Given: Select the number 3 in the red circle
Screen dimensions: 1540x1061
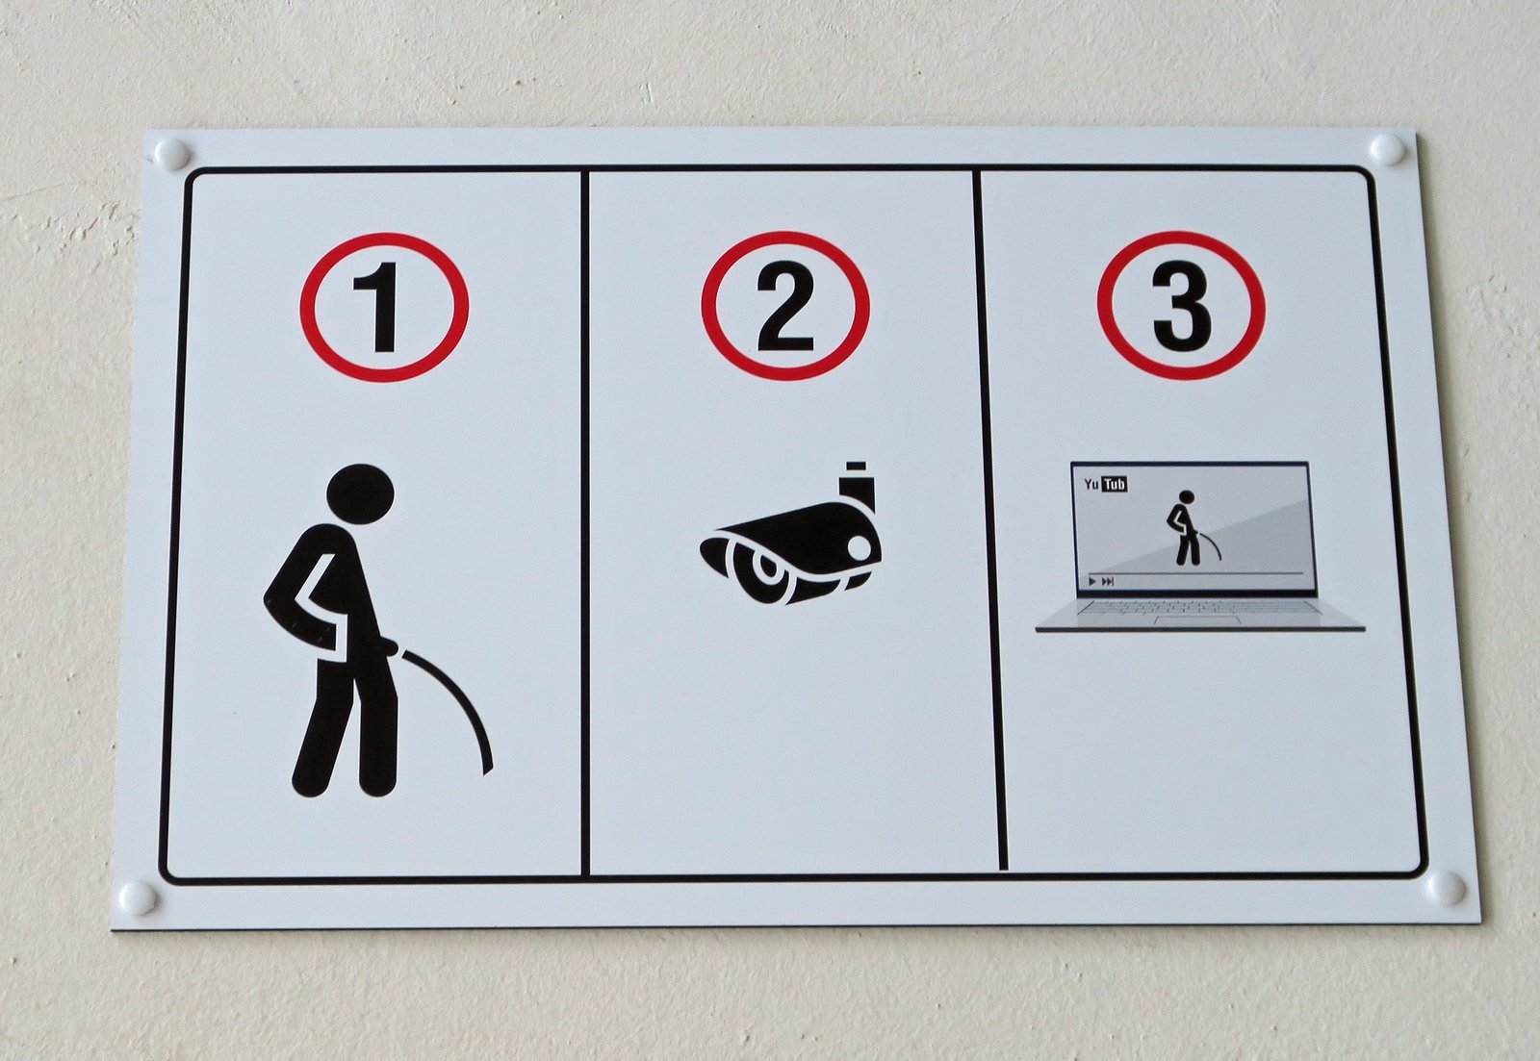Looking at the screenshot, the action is click(1182, 307).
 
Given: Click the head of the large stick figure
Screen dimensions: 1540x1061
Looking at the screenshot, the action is click(360, 493).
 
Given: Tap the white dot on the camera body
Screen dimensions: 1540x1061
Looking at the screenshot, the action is click(859, 546).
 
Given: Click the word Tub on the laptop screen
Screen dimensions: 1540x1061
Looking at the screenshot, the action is click(1115, 485).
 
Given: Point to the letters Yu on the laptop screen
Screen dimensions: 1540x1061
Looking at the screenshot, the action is click(1091, 485).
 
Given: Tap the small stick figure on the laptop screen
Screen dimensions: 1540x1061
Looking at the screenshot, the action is click(1185, 528).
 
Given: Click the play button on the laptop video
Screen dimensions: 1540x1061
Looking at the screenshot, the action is click(1092, 582).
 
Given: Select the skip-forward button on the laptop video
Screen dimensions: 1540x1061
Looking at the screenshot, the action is click(1108, 582).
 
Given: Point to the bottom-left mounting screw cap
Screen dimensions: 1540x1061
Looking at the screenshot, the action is click(139, 897).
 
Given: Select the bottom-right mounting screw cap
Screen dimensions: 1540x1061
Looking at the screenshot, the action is click(1446, 887).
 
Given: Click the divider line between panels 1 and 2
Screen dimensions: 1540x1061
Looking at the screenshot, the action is click(584, 522).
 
